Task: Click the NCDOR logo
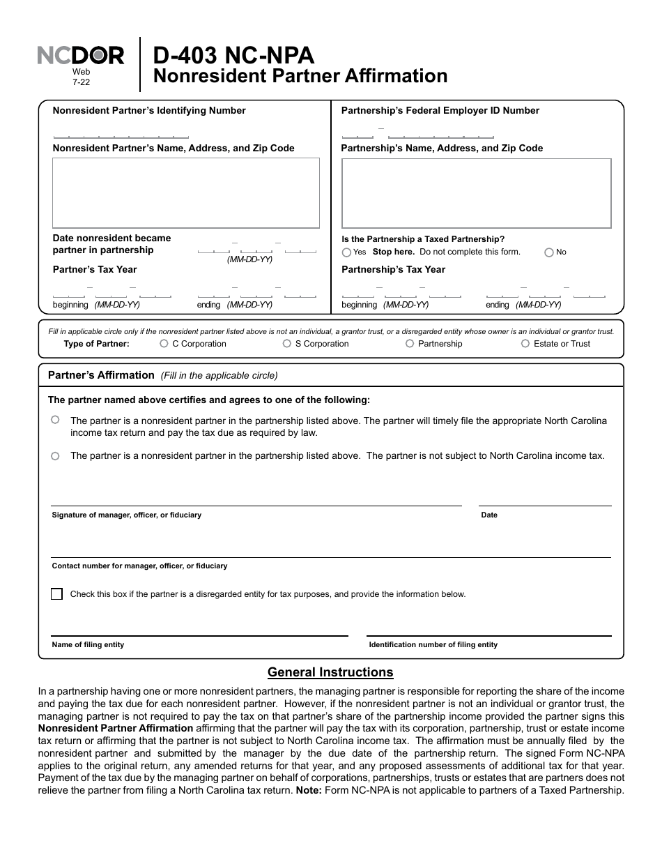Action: pos(80,55)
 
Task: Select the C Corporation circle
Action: pos(164,344)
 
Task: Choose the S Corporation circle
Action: pos(287,344)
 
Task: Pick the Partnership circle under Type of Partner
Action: pos(410,344)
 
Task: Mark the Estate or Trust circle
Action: pos(525,344)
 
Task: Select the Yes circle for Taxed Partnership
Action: pos(346,252)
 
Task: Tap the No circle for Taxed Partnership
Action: pos(548,252)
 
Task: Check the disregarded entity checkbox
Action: pos(56,594)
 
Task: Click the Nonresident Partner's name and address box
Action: pos(185,192)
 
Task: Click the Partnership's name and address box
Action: pos(476,192)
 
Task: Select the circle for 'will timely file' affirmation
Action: pos(55,421)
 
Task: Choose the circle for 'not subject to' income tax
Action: pos(55,456)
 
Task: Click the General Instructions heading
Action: pos(330,672)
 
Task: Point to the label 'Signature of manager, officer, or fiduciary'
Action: pos(126,515)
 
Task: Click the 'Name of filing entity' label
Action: pos(88,645)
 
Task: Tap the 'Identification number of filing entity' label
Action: pos(433,645)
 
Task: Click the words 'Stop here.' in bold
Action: pos(393,252)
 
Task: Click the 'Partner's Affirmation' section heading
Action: pos(101,375)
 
